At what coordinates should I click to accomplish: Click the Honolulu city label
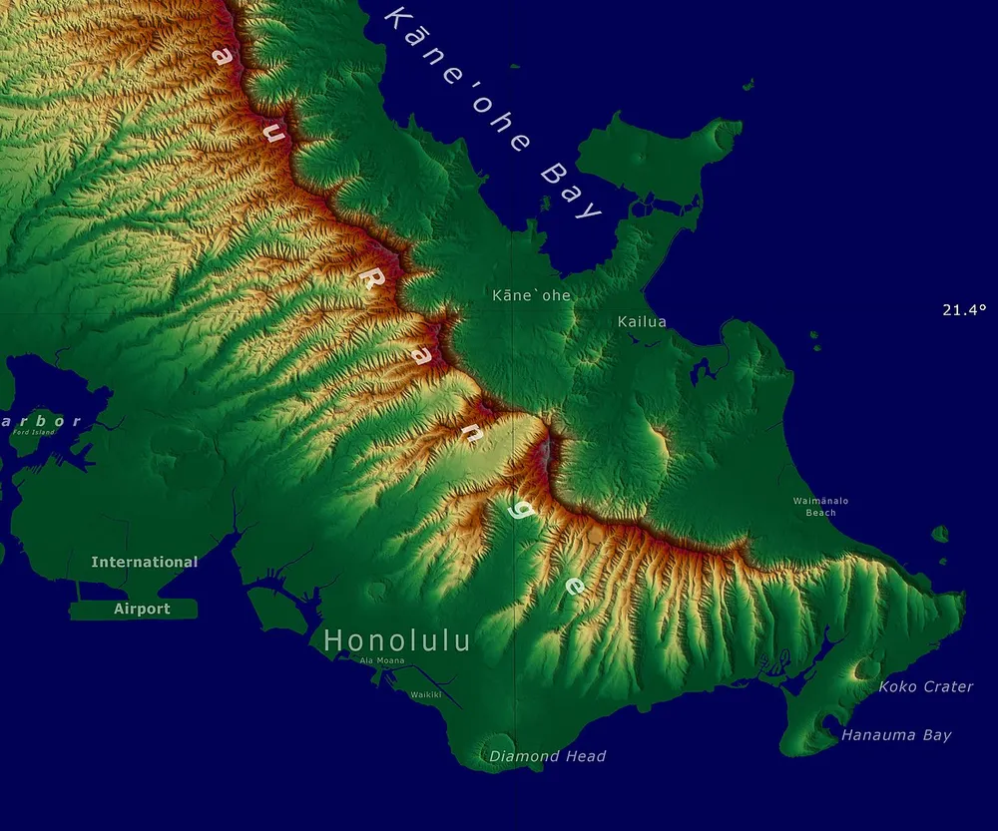point(397,640)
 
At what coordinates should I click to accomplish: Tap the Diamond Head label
point(547,756)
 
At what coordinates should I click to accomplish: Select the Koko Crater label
point(925,686)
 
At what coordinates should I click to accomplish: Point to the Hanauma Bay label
point(896,735)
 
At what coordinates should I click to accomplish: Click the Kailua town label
point(642,321)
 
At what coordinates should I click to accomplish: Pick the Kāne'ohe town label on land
point(531,295)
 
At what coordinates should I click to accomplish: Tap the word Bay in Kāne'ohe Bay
point(571,190)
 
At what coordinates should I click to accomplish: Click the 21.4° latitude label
point(963,310)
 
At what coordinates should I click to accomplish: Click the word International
point(145,562)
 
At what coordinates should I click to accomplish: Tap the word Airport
point(142,609)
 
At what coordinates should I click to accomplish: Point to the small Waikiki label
point(426,694)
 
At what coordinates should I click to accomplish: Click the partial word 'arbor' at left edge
point(40,421)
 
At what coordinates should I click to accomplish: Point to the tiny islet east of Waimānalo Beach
point(940,534)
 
